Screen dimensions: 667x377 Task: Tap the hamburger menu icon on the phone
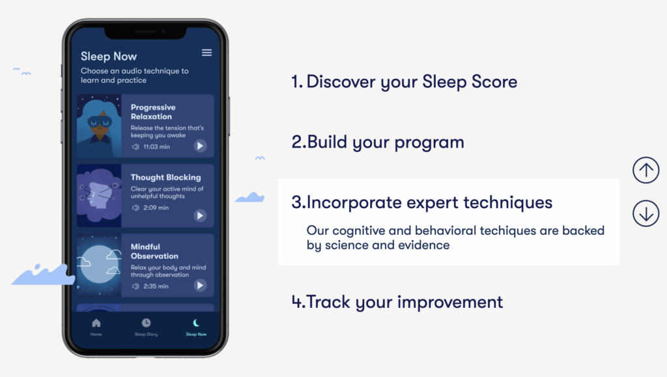coord(206,52)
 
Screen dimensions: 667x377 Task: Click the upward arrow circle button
coord(646,170)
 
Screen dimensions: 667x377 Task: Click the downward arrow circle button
coord(646,213)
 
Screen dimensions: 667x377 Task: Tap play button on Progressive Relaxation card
coord(200,146)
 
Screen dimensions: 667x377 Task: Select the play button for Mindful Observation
coord(200,286)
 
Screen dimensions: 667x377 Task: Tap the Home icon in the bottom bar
coord(96,323)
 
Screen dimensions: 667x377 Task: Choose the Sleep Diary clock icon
coord(146,323)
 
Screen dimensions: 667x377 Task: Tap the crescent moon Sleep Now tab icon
coord(196,323)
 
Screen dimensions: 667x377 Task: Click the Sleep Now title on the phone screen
coord(109,56)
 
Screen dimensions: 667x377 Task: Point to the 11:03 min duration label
coord(156,147)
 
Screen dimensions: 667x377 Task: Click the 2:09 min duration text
coord(156,207)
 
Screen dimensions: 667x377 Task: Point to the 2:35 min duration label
coord(156,286)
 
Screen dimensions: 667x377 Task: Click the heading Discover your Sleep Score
coord(404,82)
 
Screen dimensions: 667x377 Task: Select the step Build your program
coord(378,142)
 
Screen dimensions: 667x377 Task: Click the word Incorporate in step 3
coord(354,202)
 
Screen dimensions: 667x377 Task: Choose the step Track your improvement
coord(397,302)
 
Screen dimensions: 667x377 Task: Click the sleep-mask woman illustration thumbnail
coord(99,126)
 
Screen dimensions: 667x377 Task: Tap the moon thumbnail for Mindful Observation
coord(99,265)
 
